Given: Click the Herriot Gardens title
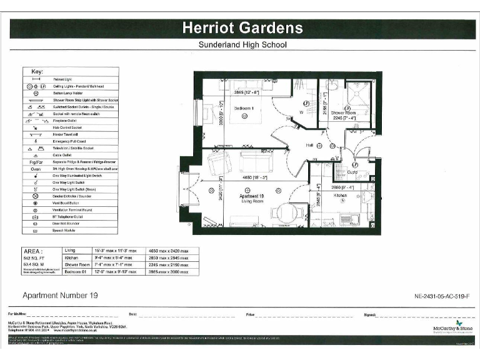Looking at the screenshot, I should pyautogui.click(x=242, y=28).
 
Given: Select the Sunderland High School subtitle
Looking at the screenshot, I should pyautogui.click(x=242, y=45).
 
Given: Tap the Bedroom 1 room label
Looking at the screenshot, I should pyautogui.click(x=244, y=108).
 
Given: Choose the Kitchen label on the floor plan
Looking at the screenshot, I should pyautogui.click(x=340, y=196).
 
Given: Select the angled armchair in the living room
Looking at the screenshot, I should pyautogui.click(x=219, y=164).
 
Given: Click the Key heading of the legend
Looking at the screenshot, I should pyautogui.click(x=37, y=71).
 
